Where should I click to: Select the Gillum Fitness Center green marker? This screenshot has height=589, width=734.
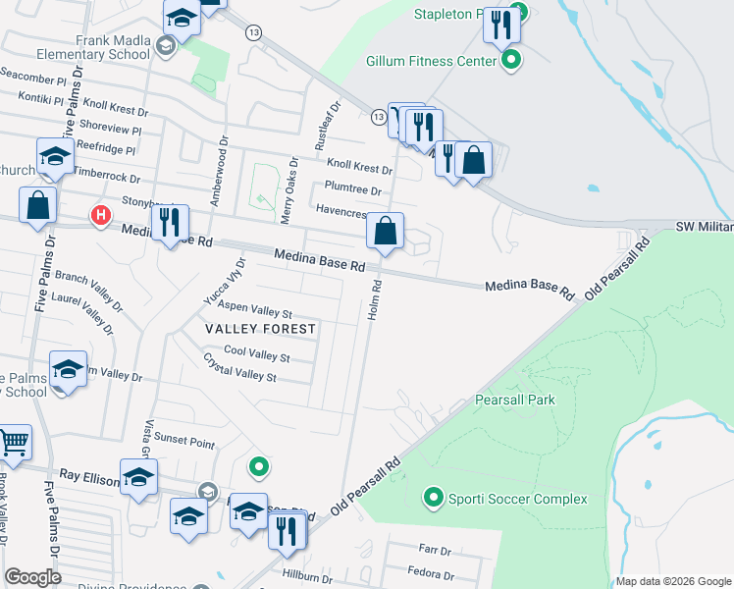510,61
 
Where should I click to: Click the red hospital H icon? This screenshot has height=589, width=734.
99,215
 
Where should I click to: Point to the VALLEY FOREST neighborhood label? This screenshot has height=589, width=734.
260,329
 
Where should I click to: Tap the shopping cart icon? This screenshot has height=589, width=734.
14,442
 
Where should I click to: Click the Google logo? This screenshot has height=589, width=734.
32,577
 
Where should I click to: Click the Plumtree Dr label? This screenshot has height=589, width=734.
352,190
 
